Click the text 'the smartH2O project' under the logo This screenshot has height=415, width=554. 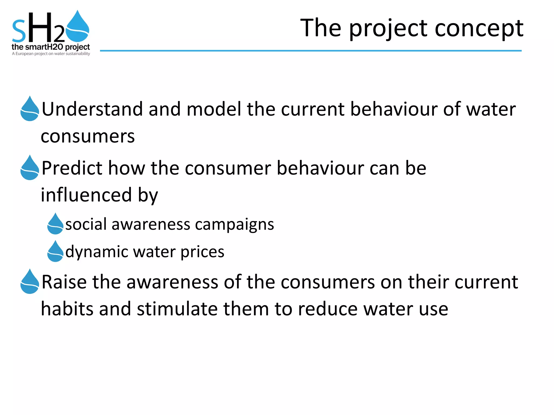(51, 47)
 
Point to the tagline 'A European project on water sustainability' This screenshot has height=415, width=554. (51, 54)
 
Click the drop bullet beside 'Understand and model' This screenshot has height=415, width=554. (30, 109)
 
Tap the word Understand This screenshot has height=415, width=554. (92, 109)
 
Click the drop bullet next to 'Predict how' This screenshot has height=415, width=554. (30, 168)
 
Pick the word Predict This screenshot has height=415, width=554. (72, 168)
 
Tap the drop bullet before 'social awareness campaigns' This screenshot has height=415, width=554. (55, 224)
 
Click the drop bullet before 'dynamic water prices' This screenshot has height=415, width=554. (55, 252)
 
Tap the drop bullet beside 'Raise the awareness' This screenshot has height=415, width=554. (30, 282)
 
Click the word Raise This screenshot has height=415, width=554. (64, 282)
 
